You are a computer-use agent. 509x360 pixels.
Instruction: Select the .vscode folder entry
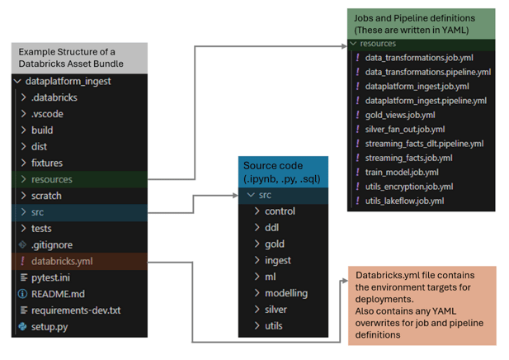pos(47,114)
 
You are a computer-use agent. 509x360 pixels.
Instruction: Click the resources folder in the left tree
pos(51,179)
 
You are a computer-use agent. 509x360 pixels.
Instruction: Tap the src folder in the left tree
pos(37,212)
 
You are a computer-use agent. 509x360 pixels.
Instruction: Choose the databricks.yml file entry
pos(62,261)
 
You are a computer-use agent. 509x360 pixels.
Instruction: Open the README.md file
pos(57,294)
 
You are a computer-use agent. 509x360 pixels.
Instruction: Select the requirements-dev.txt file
pos(75,310)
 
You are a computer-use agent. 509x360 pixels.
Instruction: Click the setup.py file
pos(50,327)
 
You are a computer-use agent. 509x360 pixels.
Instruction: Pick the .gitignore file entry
pos(50,244)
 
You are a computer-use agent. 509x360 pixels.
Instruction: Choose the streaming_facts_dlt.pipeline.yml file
pos(424,143)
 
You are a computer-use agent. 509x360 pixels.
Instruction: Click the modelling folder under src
pos(285,293)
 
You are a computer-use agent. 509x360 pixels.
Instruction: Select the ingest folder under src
pos(277,260)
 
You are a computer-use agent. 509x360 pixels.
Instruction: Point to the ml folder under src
pos(270,277)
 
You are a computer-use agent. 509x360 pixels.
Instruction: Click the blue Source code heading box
pos(283,172)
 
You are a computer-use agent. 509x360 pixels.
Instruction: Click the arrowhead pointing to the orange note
pos(342,282)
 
